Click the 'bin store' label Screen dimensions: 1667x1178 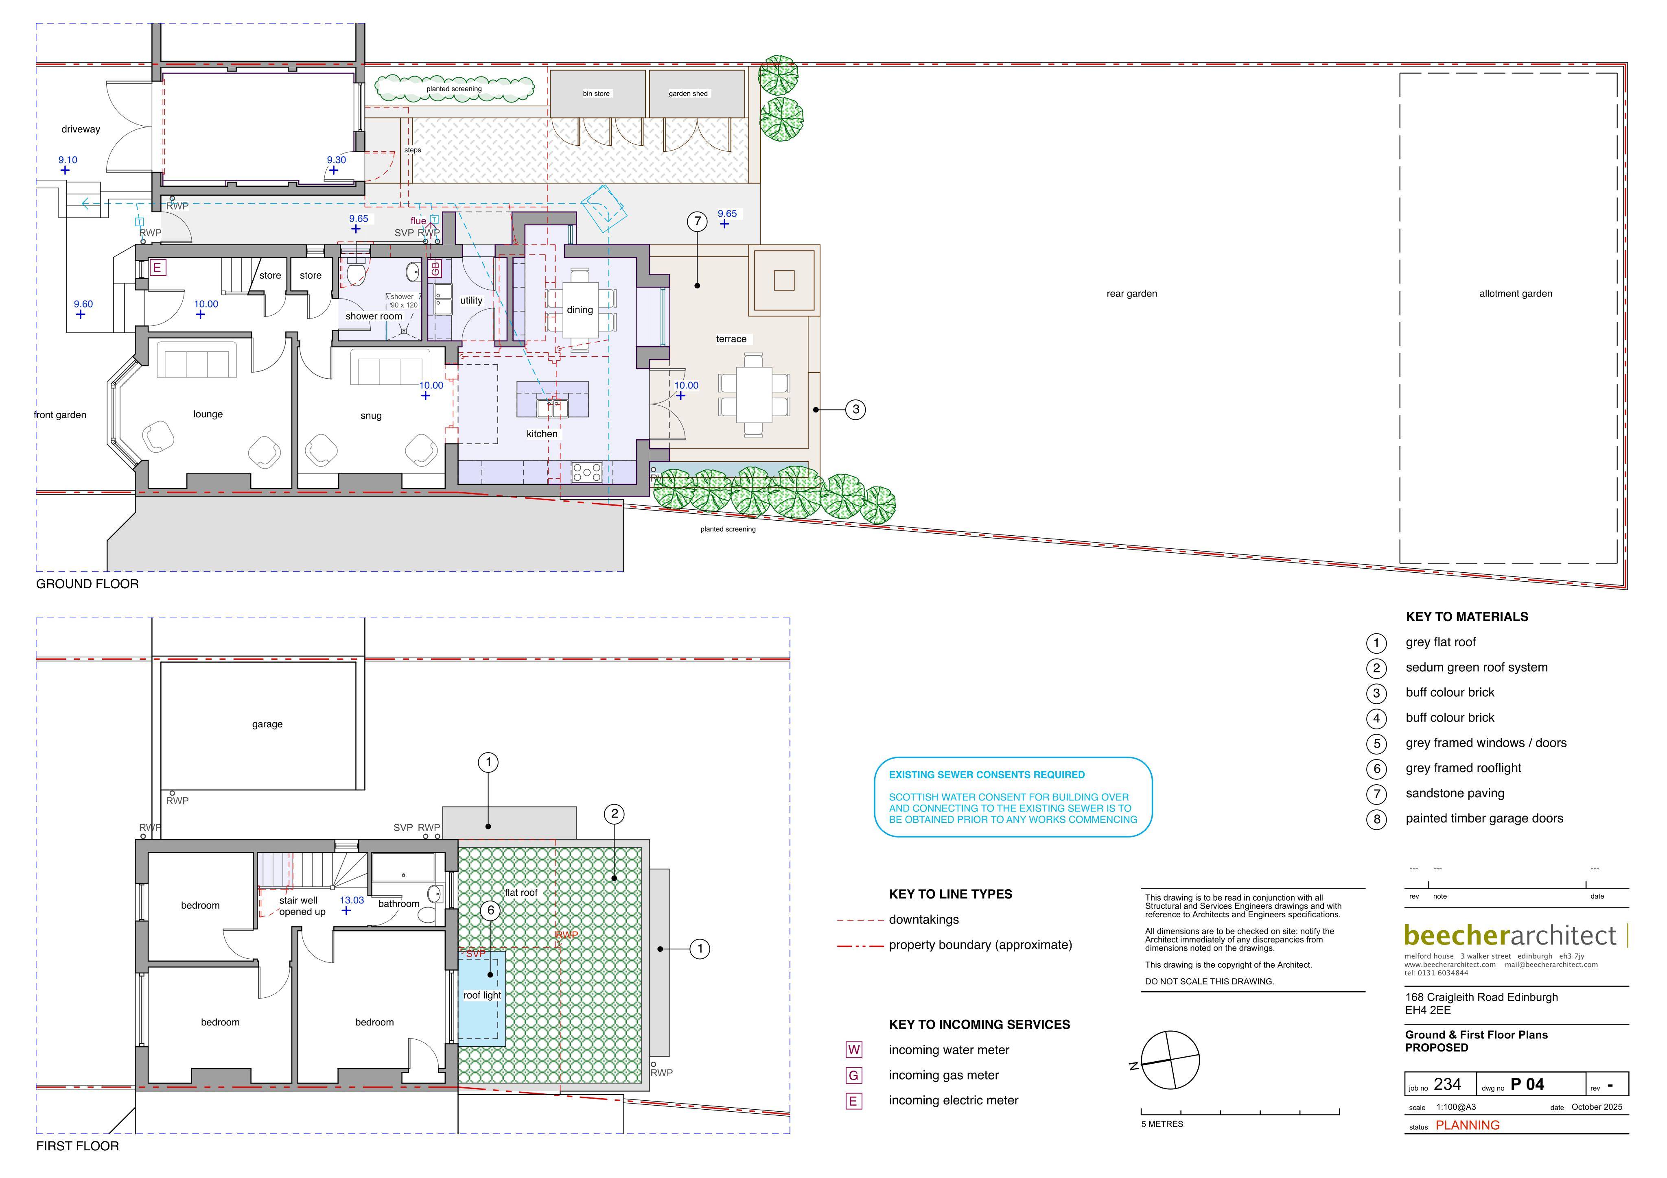[596, 94]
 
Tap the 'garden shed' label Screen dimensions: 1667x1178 [688, 94]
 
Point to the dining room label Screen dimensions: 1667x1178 [580, 310]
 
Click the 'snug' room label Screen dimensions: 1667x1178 [371, 416]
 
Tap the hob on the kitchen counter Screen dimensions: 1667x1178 [586, 473]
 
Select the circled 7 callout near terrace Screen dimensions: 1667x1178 [697, 221]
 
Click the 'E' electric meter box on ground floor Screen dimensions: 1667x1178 [157, 267]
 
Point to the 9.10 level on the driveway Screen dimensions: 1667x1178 [68, 160]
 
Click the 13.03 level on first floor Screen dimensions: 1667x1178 [352, 900]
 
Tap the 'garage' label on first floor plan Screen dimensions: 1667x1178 [267, 724]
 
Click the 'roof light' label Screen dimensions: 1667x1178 [482, 995]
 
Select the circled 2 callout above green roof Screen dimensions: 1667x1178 [614, 814]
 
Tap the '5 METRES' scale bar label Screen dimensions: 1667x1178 [1162, 1124]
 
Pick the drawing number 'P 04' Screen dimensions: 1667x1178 [1527, 1084]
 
